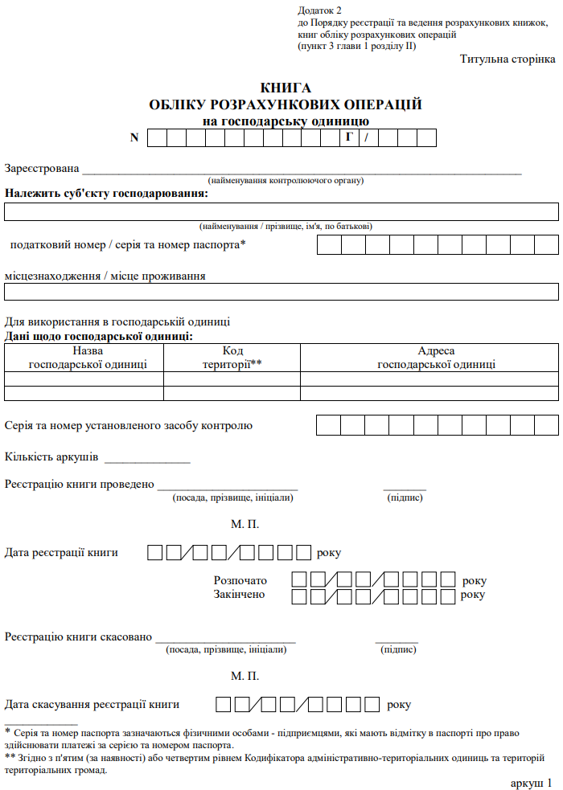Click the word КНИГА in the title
pos(286,88)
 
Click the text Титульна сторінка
pos(508,59)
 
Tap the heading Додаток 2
pos(319,10)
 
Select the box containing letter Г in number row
pos(350,137)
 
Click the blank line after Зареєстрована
pos(302,169)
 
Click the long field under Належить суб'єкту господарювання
pos(281,211)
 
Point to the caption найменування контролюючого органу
pos(286,181)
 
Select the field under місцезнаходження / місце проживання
pos(281,292)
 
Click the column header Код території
pos(232,358)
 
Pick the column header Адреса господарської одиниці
pos(436,358)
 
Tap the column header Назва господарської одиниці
pos(88,358)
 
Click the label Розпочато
pos(240,580)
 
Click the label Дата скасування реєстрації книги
pos(92,704)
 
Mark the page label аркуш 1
pos(532,782)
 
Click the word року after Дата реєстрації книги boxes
pos(329,553)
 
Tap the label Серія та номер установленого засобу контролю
pos(129,425)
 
